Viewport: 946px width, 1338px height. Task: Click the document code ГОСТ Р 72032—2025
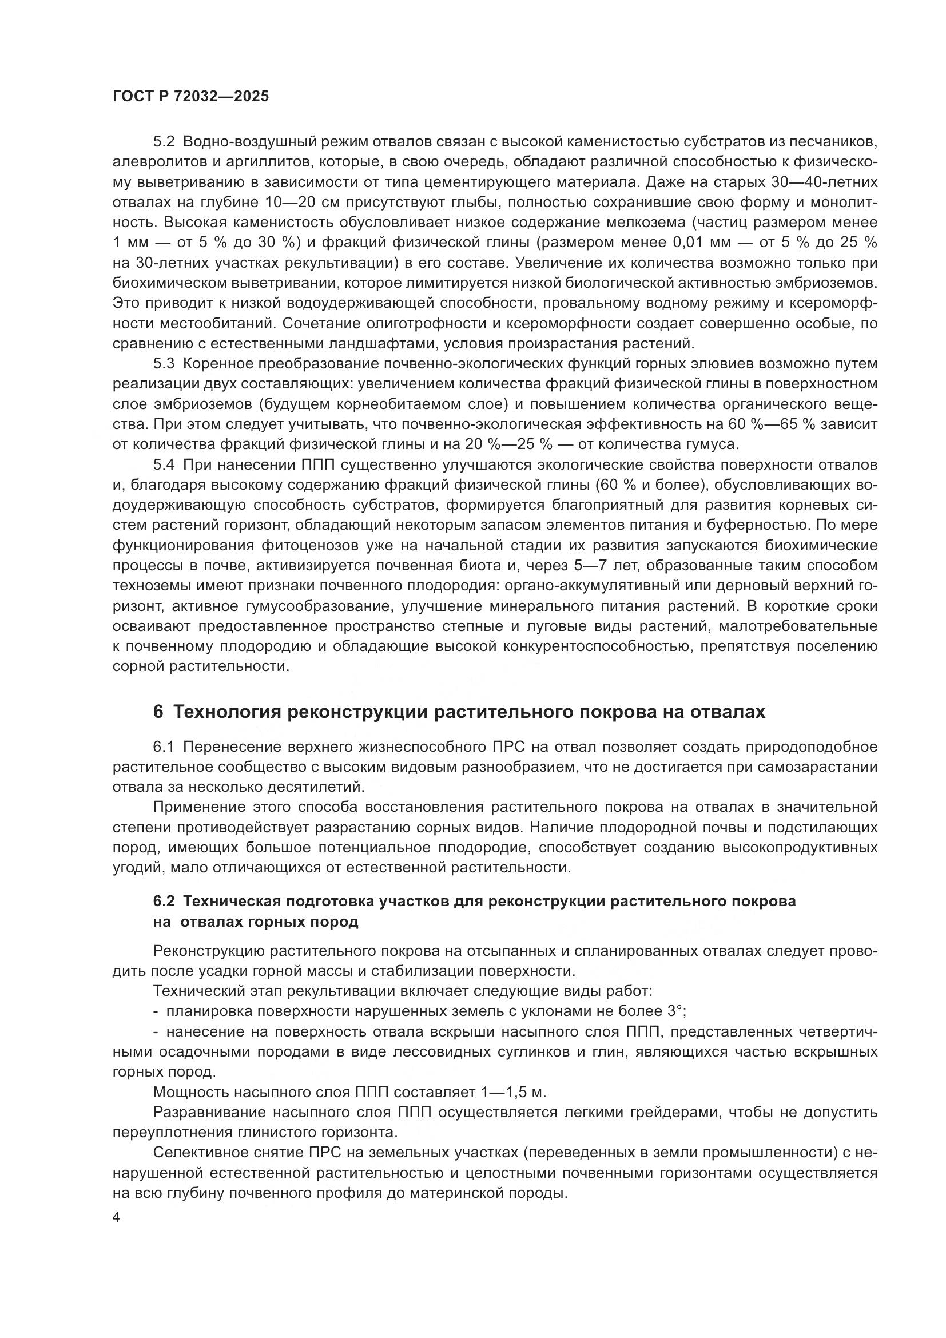(190, 97)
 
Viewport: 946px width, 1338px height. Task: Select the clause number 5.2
(164, 142)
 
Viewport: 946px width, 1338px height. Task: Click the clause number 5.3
(164, 364)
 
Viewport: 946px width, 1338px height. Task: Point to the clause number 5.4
(164, 464)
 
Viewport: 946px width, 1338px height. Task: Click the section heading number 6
(158, 712)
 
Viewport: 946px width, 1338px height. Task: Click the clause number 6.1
(164, 747)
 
